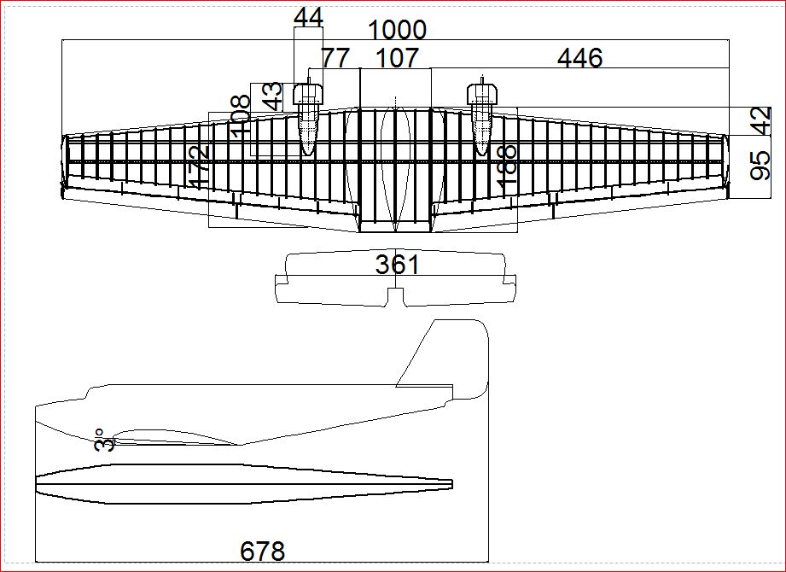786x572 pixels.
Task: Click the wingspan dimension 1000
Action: pos(397,30)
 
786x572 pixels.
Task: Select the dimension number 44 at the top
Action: pos(308,16)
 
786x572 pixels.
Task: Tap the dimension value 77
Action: pos(335,58)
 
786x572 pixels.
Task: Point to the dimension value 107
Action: pos(398,58)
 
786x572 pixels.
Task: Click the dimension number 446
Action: pos(579,58)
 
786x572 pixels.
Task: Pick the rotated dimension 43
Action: pos(272,96)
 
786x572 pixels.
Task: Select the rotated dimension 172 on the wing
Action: pos(199,167)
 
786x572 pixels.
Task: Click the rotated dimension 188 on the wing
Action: pos(507,167)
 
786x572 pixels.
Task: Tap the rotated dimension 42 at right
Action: pos(760,121)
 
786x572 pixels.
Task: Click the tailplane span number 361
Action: pos(398,265)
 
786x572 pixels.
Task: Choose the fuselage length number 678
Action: pos(262,552)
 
